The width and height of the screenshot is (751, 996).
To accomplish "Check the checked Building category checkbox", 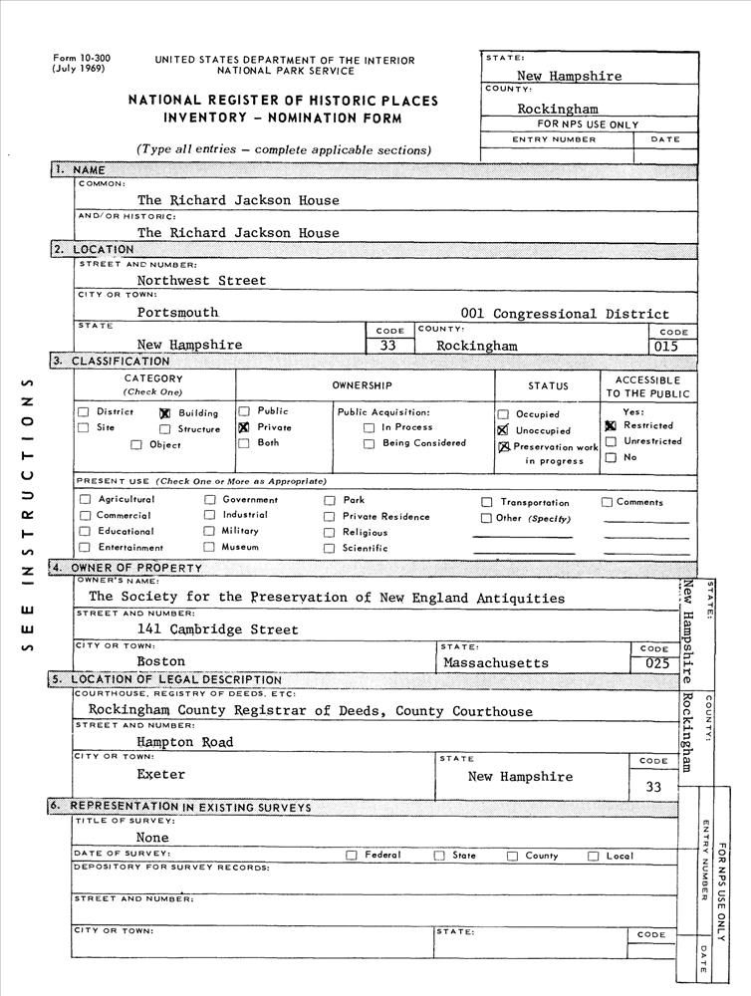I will [165, 413].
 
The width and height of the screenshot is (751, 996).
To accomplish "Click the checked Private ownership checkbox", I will [243, 427].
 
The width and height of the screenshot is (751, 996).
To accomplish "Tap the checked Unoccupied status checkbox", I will [503, 430].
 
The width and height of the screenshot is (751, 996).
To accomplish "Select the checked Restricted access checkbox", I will [611, 425].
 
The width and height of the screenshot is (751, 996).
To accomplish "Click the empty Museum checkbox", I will [209, 547].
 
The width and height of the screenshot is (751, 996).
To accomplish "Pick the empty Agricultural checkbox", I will [85, 500].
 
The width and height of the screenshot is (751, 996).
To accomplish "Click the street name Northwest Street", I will [201, 281].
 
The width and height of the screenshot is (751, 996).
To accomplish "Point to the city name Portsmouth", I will [177, 313].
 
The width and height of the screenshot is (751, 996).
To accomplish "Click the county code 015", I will [674, 346].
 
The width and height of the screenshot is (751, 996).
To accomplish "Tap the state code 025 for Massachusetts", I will [656, 662].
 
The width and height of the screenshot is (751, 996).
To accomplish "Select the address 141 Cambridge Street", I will [218, 629].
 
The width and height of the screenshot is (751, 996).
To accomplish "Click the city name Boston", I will [160, 661].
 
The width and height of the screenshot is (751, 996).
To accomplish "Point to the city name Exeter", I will [160, 774].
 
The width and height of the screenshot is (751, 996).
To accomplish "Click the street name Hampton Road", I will [185, 742].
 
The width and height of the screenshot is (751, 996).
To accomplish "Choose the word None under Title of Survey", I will [152, 838].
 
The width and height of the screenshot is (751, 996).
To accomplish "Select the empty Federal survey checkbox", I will [352, 856].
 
